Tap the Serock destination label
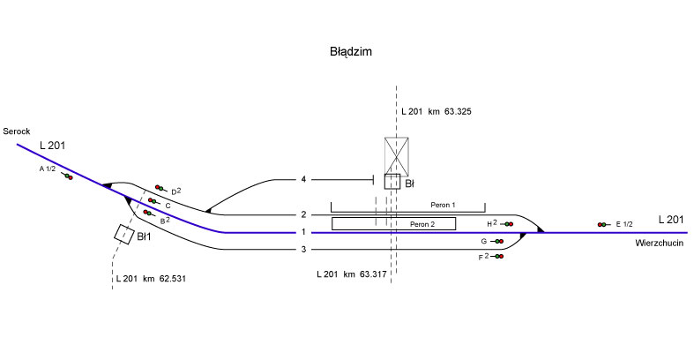point(17,131)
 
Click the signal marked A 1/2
point(67,176)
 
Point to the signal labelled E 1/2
point(603,225)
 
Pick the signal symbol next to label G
point(498,241)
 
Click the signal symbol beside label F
point(498,256)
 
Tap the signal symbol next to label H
point(508,224)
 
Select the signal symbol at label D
point(160,187)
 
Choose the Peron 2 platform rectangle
point(393,223)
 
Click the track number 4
point(303,180)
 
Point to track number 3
point(303,250)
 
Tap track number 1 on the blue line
point(303,232)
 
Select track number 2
point(303,214)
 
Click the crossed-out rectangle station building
point(399,154)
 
